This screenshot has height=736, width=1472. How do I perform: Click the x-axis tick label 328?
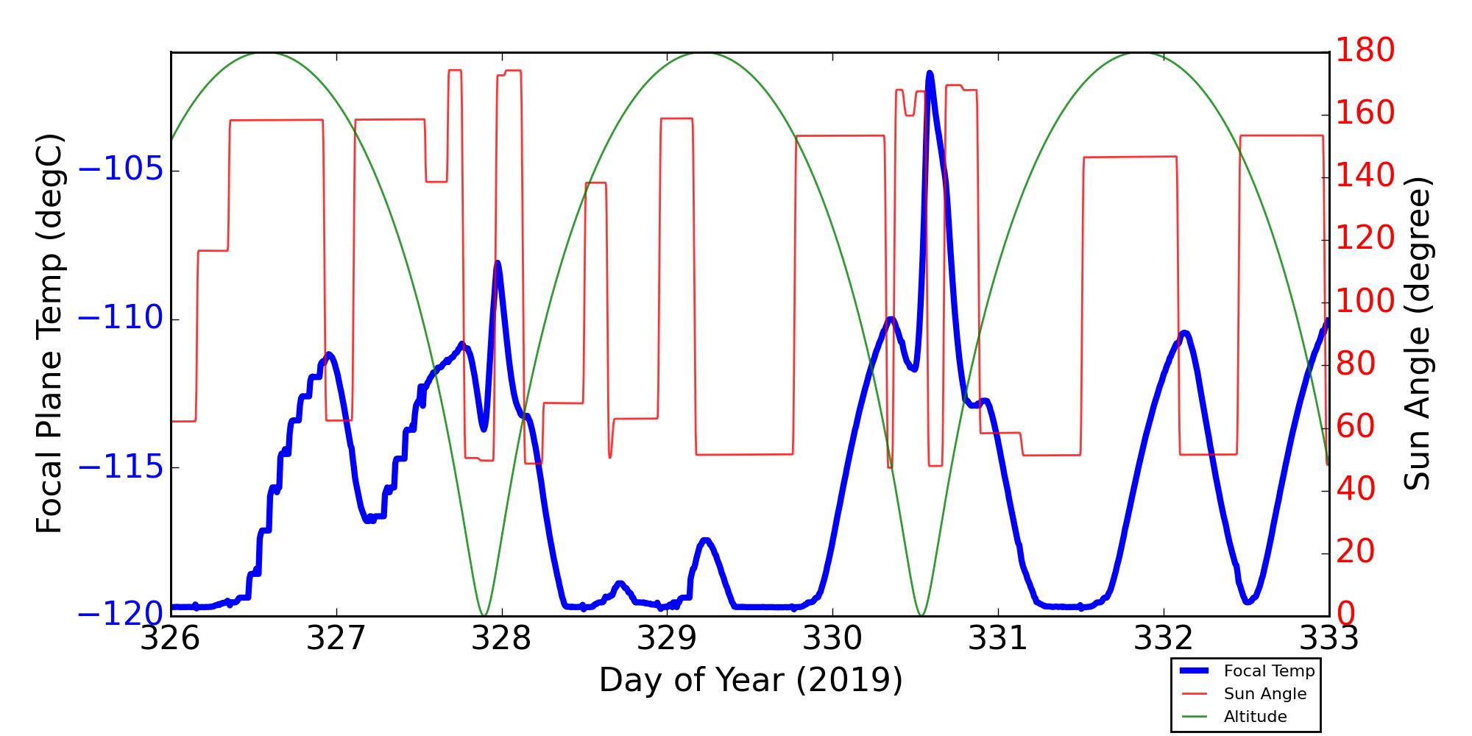502,639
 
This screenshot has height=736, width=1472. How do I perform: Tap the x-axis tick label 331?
998,639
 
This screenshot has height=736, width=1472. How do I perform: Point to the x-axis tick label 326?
171,639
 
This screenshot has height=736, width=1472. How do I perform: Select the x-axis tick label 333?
1328,639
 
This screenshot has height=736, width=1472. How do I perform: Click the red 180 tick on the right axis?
1365,52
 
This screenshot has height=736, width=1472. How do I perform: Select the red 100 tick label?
1365,302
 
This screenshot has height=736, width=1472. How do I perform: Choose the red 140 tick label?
1365,177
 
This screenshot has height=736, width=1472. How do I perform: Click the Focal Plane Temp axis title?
50,333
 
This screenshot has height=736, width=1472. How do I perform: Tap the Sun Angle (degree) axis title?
1417,333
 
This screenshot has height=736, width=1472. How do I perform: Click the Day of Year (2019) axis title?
751,680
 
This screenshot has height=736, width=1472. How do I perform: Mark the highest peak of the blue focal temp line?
930,73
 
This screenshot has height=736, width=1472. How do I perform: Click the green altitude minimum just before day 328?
484,615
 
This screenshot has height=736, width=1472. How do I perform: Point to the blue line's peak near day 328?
498,263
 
